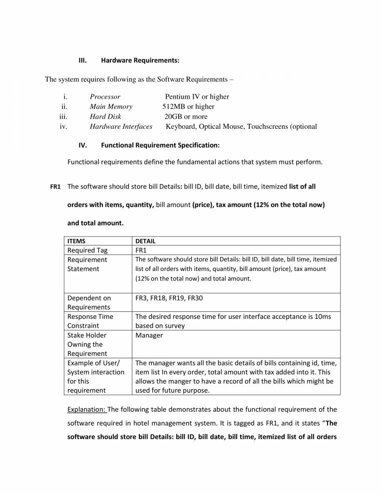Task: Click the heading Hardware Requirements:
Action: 140,60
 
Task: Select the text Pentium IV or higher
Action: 197,97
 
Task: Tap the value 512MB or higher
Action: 188,106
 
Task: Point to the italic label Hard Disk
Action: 105,116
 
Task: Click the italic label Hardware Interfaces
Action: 121,126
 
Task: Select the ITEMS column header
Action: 77,241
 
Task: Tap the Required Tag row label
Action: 87,250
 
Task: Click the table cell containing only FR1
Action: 142,250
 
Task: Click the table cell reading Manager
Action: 149,335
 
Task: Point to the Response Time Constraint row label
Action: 90,321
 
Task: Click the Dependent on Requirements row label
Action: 89,303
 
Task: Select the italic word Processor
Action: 105,97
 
